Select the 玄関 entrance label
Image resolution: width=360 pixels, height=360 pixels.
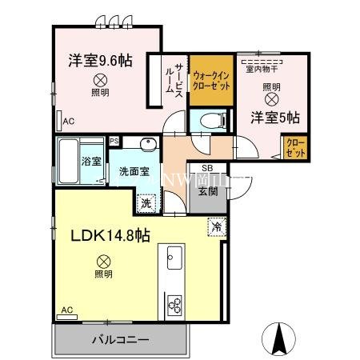207,189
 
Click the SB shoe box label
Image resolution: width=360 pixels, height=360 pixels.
206,169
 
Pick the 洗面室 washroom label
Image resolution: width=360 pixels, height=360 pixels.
134,171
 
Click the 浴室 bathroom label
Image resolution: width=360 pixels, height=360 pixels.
91,161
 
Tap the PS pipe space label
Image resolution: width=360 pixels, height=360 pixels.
114,140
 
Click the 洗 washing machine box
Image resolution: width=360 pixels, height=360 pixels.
145,204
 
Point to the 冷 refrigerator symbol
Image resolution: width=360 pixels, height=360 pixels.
215,226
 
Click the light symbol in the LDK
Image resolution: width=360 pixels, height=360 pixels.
102,260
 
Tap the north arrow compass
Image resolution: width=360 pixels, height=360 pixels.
281,337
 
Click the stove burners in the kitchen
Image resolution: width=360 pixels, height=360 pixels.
175,304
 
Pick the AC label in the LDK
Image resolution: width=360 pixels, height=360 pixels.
67,310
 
